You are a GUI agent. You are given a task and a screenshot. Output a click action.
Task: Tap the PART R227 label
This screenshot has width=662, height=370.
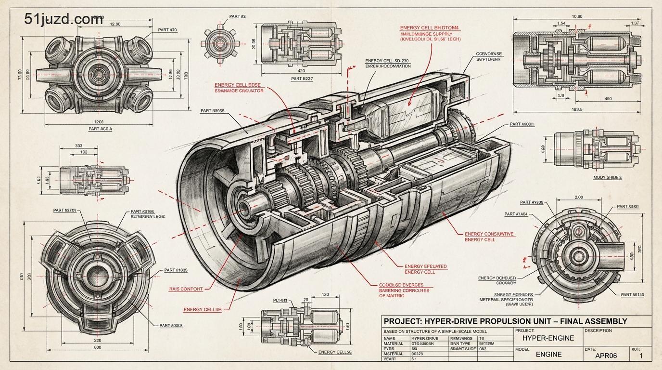coord(302,79)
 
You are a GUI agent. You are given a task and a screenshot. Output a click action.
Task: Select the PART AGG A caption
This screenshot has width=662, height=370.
coord(100,129)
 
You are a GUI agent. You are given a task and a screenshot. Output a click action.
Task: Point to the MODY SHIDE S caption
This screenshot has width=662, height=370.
coord(607,177)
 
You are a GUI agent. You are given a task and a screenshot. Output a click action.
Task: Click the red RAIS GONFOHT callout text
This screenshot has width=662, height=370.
coord(186,289)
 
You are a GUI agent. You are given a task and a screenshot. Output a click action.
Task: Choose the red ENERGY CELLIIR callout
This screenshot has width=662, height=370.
coord(203,310)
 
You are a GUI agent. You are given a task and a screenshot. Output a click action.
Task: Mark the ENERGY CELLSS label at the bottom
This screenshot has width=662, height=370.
coord(335,352)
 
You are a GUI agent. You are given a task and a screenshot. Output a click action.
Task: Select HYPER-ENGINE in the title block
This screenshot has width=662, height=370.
coord(548,338)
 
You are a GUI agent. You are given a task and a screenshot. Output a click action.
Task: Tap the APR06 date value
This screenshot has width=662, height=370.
coord(606,356)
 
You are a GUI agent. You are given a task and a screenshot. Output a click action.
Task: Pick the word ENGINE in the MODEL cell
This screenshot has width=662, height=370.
coord(548,355)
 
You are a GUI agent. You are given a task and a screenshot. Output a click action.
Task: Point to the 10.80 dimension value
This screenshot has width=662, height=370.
coord(576,16)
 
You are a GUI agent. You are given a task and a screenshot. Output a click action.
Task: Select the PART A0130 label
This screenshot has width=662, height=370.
coord(632,295)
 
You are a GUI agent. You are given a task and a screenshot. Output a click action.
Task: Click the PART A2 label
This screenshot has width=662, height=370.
coord(237,17)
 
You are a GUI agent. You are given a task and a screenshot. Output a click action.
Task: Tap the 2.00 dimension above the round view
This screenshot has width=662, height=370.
coord(579,198)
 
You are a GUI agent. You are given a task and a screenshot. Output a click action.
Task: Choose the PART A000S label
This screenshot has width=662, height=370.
coord(171,326)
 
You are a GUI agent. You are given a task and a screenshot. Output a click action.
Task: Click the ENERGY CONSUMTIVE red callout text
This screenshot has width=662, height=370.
coord(489,234)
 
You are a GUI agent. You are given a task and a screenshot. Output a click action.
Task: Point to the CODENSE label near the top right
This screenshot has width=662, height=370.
coord(488,54)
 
